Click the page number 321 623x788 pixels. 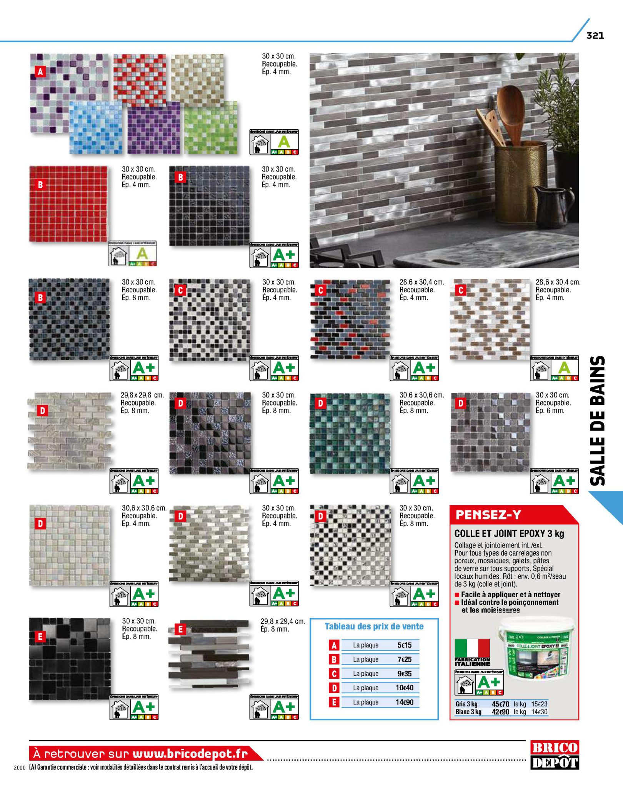coord(595,36)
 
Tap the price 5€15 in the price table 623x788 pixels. coord(404,645)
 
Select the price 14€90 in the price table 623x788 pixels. coord(404,702)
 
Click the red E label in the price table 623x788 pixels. coord(334,702)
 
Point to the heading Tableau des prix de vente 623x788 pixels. coord(374,626)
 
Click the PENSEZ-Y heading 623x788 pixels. coord(488,515)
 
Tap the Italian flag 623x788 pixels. coord(472,648)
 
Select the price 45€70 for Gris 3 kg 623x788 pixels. coord(500,704)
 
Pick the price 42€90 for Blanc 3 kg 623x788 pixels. coord(500,712)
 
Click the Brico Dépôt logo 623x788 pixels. coord(555,755)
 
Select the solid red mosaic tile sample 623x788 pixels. coord(68,204)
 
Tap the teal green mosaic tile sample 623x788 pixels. coord(350,432)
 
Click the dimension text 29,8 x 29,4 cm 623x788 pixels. coord(283,621)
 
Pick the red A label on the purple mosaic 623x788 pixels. coord(40,71)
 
